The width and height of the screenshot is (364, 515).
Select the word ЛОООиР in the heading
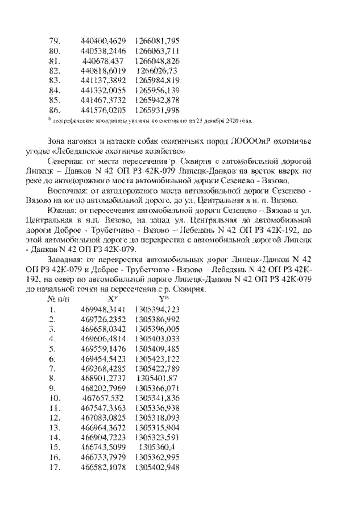click(241, 141)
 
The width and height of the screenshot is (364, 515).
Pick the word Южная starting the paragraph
click(61, 210)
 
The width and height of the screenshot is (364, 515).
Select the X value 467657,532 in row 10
click(104, 397)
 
